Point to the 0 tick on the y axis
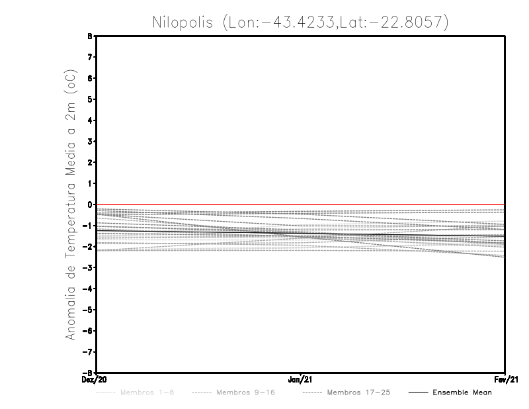pos(91,204)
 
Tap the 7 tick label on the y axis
pos(91,57)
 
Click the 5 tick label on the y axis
pos(91,99)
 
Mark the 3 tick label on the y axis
pos(91,142)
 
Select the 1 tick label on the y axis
pos(91,183)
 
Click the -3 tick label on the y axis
pos(89,268)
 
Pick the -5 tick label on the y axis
pos(89,310)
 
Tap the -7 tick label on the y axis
pos(89,352)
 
